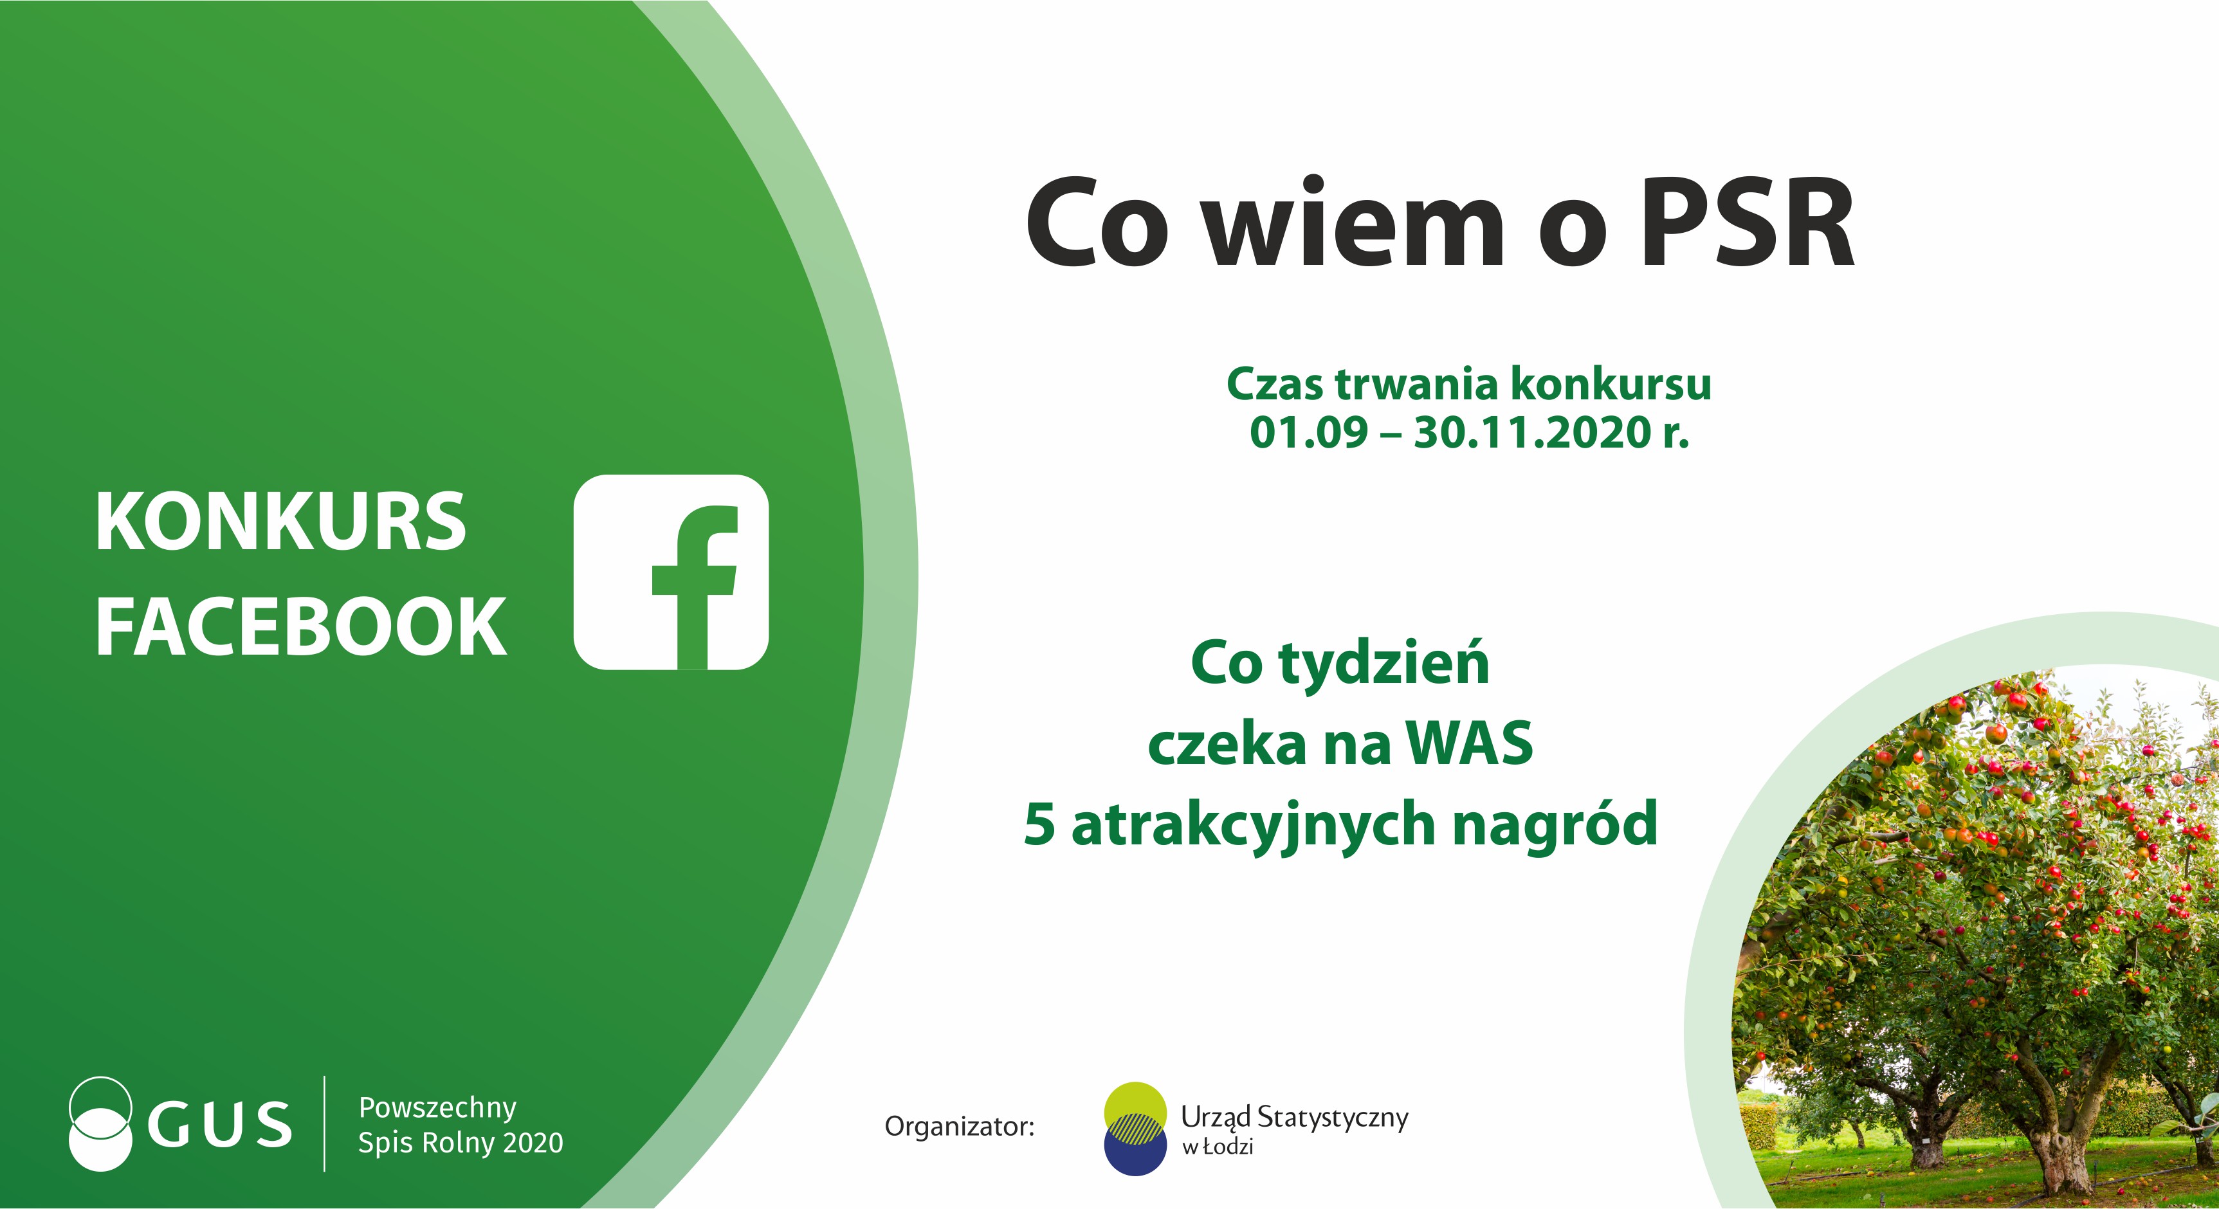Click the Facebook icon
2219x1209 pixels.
point(671,572)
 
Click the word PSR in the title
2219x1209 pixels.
point(1748,224)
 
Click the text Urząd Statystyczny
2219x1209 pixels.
point(1295,1118)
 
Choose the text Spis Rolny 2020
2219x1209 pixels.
point(461,1143)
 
